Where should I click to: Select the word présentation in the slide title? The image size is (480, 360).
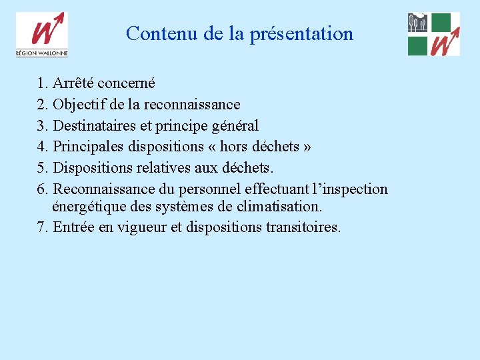301,34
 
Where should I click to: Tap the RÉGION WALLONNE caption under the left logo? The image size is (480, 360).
42,53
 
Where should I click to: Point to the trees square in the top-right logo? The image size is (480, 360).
417,23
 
